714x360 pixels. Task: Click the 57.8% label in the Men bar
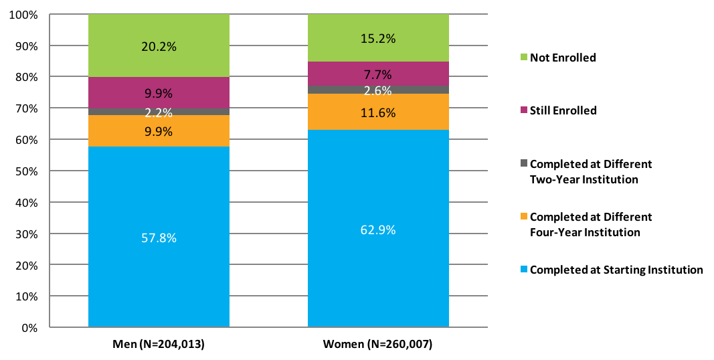(x=159, y=238)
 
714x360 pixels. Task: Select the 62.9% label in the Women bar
(x=378, y=230)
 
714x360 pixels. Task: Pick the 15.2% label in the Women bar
(x=378, y=39)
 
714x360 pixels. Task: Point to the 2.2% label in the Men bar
(x=159, y=112)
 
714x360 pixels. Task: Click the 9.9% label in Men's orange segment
(x=159, y=131)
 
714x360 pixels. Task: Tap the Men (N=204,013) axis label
(x=159, y=345)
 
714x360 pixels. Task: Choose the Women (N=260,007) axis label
(x=378, y=345)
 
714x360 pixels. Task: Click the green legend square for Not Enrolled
(x=524, y=58)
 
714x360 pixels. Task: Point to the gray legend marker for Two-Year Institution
(x=524, y=164)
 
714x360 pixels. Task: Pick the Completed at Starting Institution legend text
(x=616, y=270)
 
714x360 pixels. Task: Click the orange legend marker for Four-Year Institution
(x=524, y=217)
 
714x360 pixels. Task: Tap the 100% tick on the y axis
(x=24, y=15)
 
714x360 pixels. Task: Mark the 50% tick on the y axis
(x=27, y=171)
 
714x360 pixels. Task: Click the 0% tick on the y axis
(x=29, y=328)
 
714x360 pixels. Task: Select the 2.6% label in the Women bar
(x=378, y=90)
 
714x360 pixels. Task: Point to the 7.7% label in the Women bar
(x=378, y=74)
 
